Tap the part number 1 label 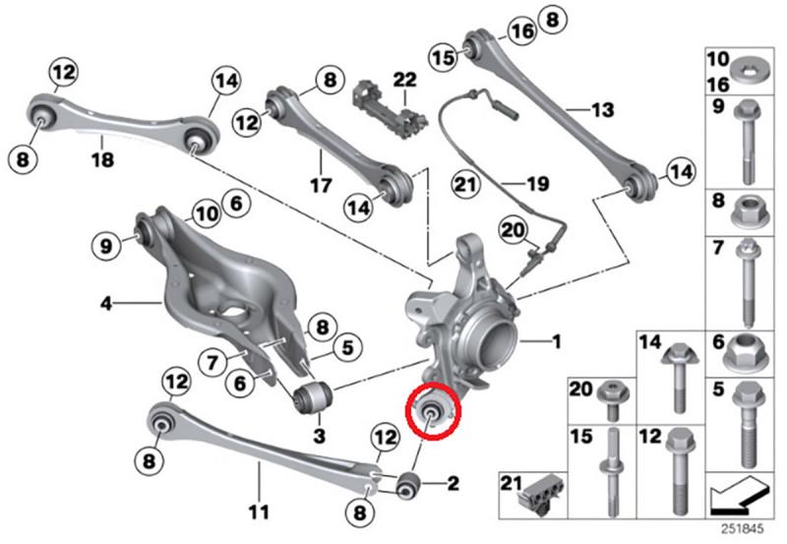[x=556, y=342]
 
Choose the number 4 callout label [x=106, y=305]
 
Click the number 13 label [x=602, y=107]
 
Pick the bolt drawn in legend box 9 [x=745, y=143]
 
